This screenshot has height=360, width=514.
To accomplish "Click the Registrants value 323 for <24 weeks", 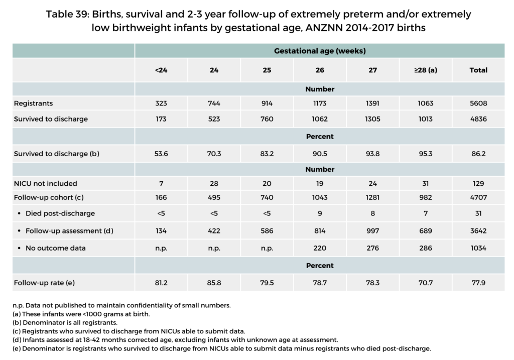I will click(x=161, y=103).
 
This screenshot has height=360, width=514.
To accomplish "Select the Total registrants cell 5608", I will click(x=478, y=103).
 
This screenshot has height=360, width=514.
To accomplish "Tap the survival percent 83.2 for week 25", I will click(x=267, y=154).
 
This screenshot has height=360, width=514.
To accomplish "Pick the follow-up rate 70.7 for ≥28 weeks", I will click(x=425, y=282).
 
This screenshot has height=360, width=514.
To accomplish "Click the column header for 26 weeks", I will click(x=320, y=70).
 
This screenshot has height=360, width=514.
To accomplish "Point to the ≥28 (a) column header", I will click(x=425, y=70).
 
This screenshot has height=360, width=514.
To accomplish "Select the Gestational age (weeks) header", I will click(x=320, y=51).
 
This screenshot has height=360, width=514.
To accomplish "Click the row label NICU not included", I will click(x=46, y=183).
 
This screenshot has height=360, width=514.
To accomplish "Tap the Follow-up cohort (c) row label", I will click(x=49, y=198).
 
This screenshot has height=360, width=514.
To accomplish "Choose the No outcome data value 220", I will click(x=320, y=248).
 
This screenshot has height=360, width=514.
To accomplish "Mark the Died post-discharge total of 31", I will click(x=478, y=213).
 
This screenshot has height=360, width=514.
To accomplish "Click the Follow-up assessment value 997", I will click(x=372, y=230).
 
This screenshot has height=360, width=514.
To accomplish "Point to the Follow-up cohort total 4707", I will click(x=478, y=198).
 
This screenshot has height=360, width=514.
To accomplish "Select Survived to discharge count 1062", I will click(x=320, y=119).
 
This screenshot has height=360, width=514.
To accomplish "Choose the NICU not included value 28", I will click(x=214, y=183).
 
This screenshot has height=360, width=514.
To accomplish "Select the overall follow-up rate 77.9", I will click(x=478, y=282).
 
